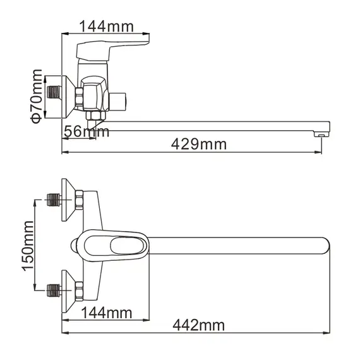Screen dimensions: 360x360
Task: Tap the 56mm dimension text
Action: point(86,132)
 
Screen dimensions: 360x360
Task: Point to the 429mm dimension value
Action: point(199,144)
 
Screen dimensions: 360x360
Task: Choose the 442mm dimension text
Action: point(198,325)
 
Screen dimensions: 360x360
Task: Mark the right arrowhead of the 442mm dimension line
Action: point(328,333)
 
